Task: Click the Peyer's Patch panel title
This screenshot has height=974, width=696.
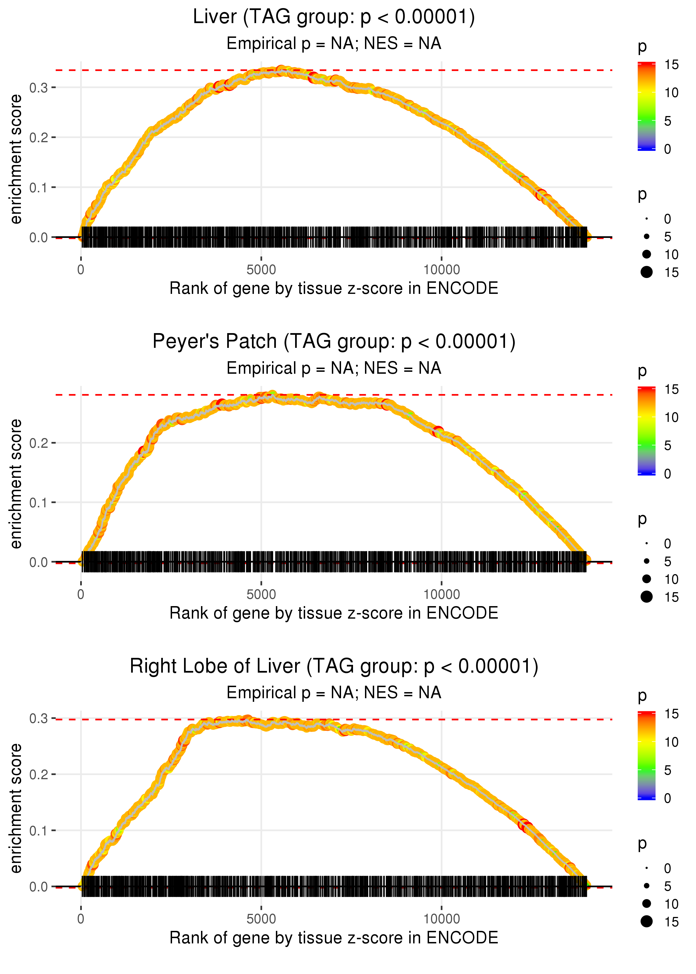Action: tap(334, 342)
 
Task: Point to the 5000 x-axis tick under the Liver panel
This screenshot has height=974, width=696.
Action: tap(261, 270)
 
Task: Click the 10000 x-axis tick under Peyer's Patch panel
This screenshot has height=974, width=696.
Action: tap(442, 594)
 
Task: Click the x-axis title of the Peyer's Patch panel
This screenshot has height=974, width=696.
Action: tap(334, 613)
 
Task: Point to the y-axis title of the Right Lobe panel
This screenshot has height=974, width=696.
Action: tap(16, 808)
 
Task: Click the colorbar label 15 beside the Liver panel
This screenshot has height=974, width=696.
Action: tap(671, 65)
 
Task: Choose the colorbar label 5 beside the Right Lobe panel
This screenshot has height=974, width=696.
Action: tap(667, 770)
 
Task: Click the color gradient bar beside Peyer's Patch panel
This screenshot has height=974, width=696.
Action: tap(646, 431)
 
